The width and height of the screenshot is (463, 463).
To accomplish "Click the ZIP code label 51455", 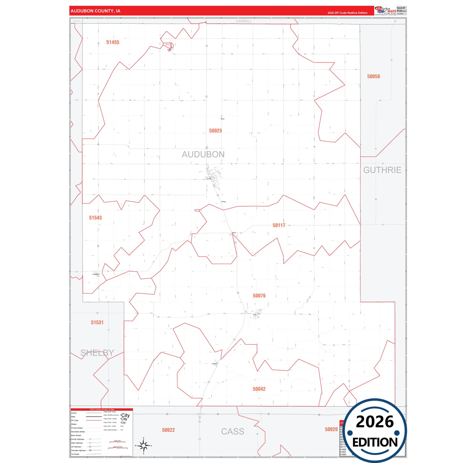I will pos(113,42).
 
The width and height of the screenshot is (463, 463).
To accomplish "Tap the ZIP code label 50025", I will pos(215,131).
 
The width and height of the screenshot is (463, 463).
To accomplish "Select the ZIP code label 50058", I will pos(373,76).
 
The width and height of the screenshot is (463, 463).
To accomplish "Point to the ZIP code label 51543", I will pos(95,218).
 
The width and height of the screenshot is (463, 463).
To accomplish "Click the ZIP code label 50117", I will pos(279,226).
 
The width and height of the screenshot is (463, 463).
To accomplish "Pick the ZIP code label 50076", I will pos(259,296).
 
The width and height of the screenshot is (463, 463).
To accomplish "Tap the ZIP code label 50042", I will pos(259,389).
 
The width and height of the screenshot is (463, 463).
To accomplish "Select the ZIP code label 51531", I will pos(97,323).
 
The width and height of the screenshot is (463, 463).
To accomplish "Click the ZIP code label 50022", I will pos(168,430).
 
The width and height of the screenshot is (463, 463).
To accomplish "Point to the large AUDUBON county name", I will pos(203,154).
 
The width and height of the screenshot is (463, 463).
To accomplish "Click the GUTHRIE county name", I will pos(382,170).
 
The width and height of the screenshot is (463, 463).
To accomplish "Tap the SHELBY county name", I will pos(97,353).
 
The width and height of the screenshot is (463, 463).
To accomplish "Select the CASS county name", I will pos(233,432).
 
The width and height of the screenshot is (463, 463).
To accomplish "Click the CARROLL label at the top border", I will pos(244,21).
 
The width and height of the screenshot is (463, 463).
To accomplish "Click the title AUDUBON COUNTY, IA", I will pos(95,11).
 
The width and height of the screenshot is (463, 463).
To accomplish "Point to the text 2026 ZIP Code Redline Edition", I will pos(347,13).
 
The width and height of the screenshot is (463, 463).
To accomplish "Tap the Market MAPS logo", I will pos(385,11).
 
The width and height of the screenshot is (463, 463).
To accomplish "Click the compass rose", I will pos(144,445).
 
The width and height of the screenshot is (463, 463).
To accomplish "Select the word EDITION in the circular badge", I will pos(375,442).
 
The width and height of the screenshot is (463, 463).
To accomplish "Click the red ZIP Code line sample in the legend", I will pos(94,420).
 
